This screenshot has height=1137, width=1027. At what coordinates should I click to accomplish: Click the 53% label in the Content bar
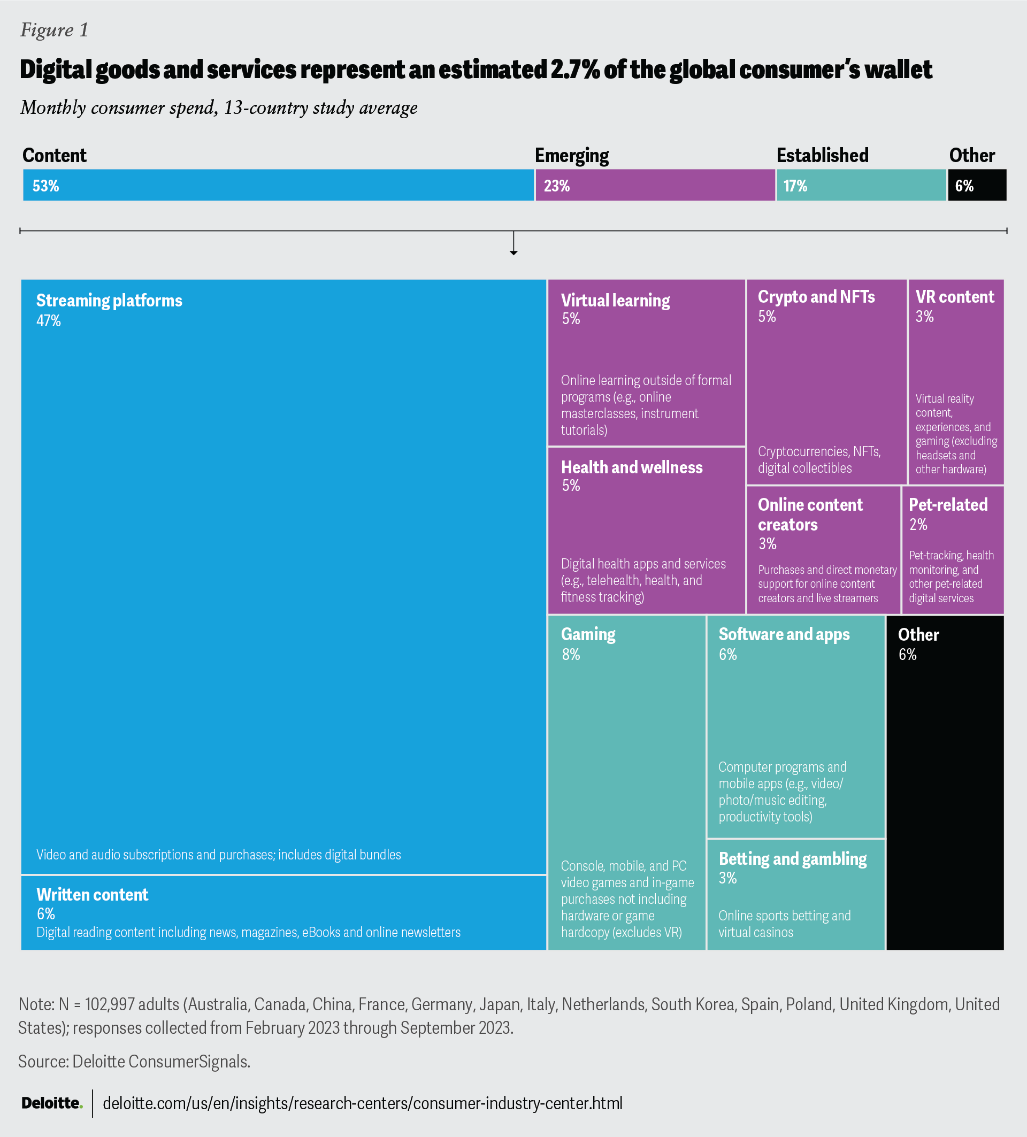pyautogui.click(x=45, y=186)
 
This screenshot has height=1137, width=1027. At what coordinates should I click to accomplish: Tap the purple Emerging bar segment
pyautogui.click(x=654, y=185)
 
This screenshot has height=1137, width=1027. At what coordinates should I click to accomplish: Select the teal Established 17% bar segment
pyautogui.click(x=861, y=185)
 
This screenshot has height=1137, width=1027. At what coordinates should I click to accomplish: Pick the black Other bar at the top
pyautogui.click(x=977, y=185)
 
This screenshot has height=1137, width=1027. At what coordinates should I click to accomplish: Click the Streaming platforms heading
pyautogui.click(x=109, y=301)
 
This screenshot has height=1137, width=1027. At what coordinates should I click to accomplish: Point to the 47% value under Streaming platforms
pyautogui.click(x=49, y=321)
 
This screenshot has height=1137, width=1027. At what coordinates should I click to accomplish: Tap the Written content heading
pyautogui.click(x=93, y=895)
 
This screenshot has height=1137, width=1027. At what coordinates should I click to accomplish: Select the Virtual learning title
pyautogui.click(x=615, y=301)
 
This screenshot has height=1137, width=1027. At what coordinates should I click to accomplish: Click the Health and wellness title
pyautogui.click(x=632, y=467)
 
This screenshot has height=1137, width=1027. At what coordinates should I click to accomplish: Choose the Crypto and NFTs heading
pyautogui.click(x=816, y=297)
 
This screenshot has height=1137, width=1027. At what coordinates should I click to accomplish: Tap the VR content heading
pyautogui.click(x=955, y=297)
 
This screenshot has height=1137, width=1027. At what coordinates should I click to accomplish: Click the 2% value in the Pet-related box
pyautogui.click(x=918, y=525)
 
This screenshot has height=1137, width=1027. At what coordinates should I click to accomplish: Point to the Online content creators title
pyautogui.click(x=810, y=514)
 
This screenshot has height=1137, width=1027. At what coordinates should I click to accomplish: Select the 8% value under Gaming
pyautogui.click(x=571, y=655)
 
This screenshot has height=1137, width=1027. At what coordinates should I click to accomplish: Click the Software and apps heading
pyautogui.click(x=784, y=634)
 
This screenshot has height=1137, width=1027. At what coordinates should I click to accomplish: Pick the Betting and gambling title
pyautogui.click(x=792, y=859)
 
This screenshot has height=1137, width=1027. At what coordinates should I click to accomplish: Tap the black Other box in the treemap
pyautogui.click(x=945, y=789)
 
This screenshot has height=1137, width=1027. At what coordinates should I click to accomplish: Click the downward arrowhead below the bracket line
pyautogui.click(x=513, y=252)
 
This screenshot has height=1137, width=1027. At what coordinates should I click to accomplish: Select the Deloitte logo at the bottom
pyautogui.click(x=52, y=1103)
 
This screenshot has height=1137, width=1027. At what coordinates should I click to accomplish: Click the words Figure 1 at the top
pyautogui.click(x=54, y=30)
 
